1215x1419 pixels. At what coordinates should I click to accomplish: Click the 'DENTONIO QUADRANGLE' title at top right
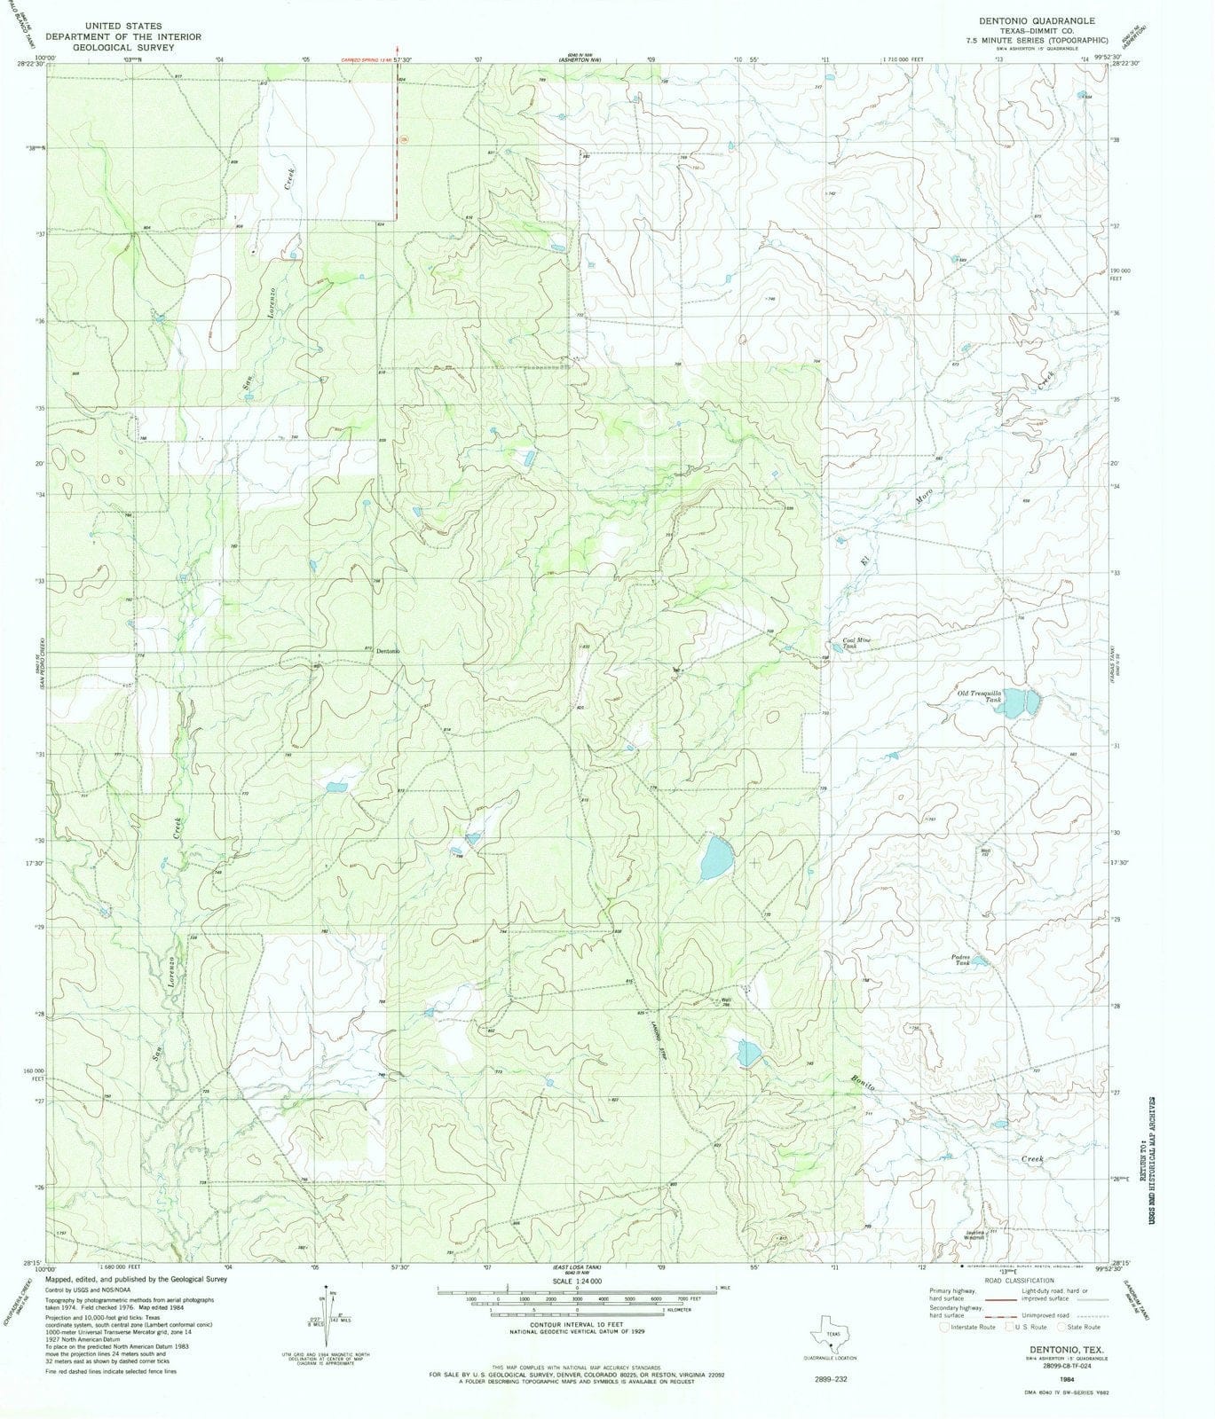[x=1024, y=20]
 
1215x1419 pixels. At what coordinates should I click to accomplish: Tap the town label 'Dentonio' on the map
[x=388, y=652]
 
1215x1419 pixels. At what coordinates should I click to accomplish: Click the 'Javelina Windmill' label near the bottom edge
[x=977, y=1234]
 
